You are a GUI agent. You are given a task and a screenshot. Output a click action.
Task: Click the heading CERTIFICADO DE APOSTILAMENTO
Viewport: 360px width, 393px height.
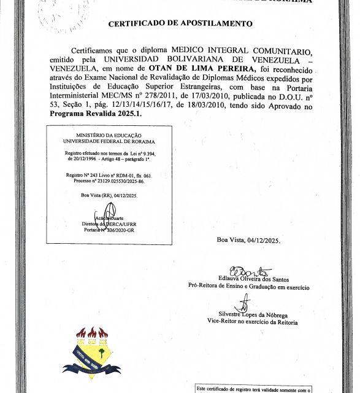pos(180,24)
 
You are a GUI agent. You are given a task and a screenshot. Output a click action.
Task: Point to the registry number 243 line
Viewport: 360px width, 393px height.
pos(108,175)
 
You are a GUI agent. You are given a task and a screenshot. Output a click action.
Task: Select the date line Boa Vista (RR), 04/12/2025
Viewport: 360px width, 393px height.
pos(109,195)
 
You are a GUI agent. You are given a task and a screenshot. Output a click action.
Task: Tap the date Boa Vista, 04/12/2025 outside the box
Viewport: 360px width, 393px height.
pos(248,240)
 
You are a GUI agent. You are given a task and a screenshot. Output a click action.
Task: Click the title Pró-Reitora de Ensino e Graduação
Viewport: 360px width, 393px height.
pos(248,287)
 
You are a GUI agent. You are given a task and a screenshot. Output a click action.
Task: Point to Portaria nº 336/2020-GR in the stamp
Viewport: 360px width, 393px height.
pos(108,230)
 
